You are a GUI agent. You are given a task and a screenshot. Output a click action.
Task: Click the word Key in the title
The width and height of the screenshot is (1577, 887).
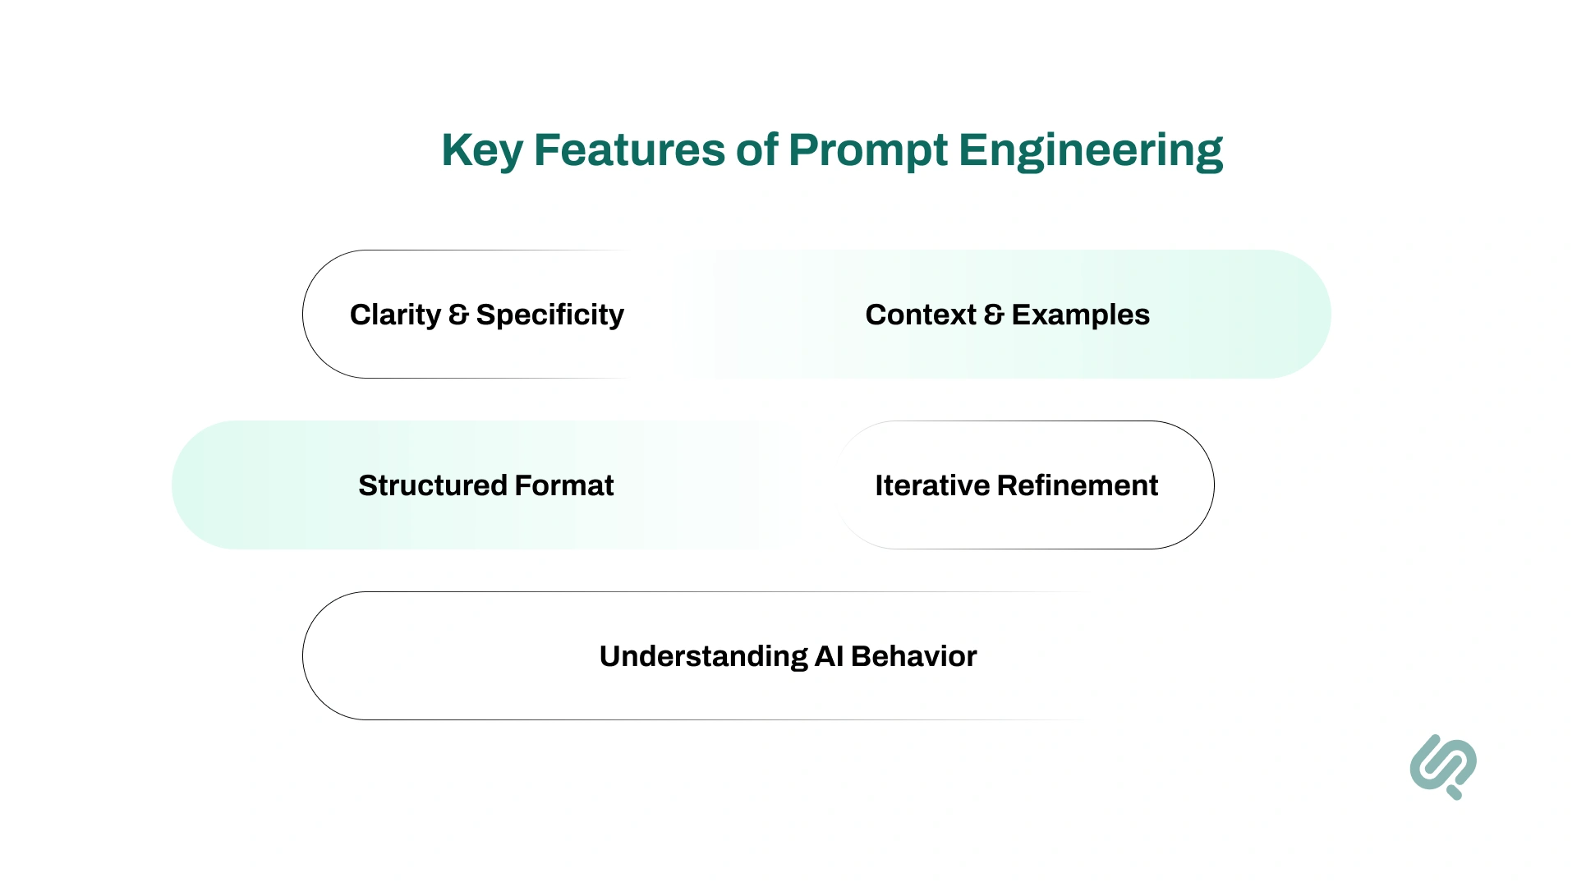(481, 151)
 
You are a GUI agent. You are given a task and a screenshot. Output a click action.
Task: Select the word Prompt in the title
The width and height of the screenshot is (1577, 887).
(867, 151)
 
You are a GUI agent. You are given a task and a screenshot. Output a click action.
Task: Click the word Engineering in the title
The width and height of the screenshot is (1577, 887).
(1090, 151)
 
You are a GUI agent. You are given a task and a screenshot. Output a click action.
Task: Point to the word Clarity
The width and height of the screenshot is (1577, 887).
(395, 315)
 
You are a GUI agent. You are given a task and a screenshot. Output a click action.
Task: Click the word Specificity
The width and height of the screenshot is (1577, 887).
(549, 315)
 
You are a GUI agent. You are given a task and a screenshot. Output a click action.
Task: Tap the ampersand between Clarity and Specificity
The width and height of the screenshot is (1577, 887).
(458, 315)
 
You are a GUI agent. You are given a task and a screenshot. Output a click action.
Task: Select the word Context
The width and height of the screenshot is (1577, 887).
(920, 315)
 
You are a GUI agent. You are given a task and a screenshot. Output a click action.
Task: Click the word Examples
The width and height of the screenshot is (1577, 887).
(1080, 315)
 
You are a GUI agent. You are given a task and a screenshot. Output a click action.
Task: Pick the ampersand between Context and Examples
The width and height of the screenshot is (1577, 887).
(994, 315)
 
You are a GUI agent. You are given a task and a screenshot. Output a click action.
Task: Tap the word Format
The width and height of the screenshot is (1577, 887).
(564, 485)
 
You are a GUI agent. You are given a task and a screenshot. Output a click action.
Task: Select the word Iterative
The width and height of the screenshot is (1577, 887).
(931, 485)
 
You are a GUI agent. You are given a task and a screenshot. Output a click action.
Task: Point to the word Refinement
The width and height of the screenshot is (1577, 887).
(1078, 485)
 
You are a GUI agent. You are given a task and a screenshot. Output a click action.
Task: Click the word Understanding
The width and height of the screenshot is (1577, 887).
(703, 656)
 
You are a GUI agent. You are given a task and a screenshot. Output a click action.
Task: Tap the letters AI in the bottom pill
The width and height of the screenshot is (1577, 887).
(829, 656)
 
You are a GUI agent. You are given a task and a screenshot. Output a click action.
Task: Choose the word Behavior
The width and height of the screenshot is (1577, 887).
(913, 656)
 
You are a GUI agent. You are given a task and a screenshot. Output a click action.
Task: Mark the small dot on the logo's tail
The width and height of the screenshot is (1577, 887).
(1455, 793)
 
